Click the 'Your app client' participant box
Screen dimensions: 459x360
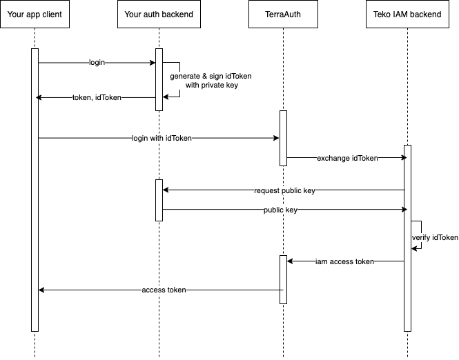point(35,14)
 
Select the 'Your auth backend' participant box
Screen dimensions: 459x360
point(159,14)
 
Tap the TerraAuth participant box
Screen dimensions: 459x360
point(283,14)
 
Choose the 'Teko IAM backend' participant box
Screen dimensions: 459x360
point(407,14)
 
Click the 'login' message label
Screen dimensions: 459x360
point(97,62)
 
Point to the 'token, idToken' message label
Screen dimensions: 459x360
point(97,97)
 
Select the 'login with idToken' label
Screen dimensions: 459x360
point(162,138)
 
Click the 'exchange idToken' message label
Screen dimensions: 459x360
point(347,158)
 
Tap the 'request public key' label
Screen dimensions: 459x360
point(284,190)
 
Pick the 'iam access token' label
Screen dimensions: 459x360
point(344,261)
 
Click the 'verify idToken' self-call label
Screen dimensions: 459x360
point(435,237)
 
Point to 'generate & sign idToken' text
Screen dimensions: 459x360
point(211,76)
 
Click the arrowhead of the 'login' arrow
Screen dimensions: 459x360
point(153,63)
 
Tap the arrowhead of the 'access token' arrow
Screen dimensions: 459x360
point(41,290)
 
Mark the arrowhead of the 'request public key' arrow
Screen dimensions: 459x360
point(166,190)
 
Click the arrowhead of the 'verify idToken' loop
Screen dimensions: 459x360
point(414,249)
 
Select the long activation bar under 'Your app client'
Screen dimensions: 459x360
point(35,190)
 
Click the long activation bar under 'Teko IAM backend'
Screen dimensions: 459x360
point(407,239)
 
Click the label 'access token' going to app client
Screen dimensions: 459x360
point(164,290)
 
